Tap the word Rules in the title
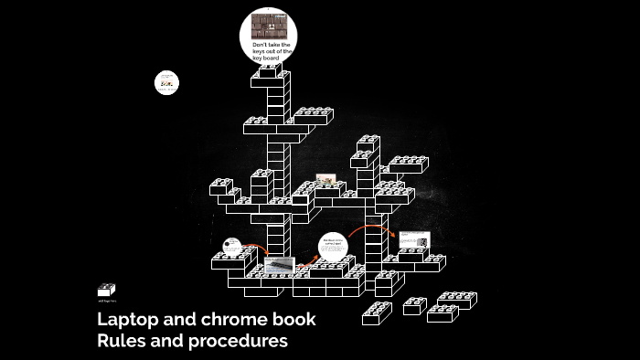pyautogui.click(x=122, y=342)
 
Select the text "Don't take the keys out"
pyautogui.click(x=271, y=48)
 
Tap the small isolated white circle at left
pyautogui.click(x=166, y=82)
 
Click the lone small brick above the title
pyautogui.click(x=107, y=290)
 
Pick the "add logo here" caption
pyautogui.click(x=107, y=300)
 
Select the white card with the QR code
pyautogui.click(x=413, y=241)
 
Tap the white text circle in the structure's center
pyautogui.click(x=334, y=248)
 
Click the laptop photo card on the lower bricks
pyautogui.click(x=280, y=266)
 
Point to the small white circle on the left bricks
pyautogui.click(x=232, y=246)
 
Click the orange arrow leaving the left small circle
pyautogui.click(x=257, y=249)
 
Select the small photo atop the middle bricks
pyautogui.click(x=325, y=180)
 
